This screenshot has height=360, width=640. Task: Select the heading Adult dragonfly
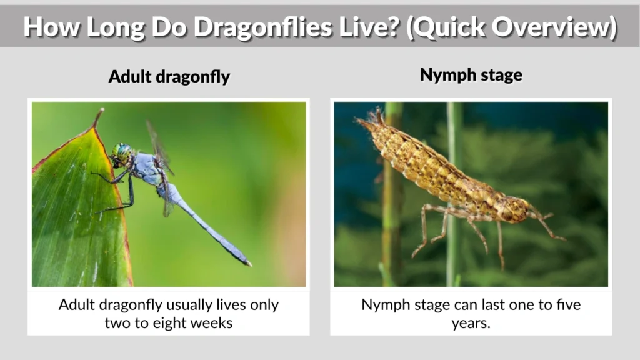point(169,77)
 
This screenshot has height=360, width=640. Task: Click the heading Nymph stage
point(471,75)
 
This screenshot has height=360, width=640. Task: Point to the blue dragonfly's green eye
point(122,151)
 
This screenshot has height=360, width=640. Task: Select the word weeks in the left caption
point(212,323)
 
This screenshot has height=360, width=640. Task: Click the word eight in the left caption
point(170,323)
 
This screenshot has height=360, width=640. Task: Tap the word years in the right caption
point(470,323)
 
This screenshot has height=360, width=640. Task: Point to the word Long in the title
point(102,26)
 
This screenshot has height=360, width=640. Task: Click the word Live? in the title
point(369,26)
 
